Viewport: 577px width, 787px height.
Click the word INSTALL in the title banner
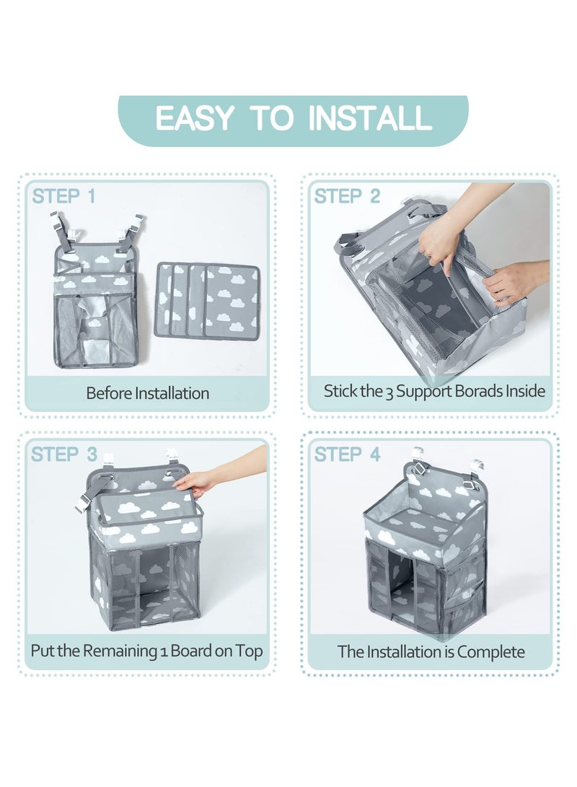[370, 118]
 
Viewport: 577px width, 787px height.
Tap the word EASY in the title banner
[194, 118]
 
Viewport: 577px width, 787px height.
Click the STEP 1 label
[63, 196]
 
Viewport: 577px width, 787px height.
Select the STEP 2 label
[347, 196]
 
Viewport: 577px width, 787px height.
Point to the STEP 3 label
[63, 454]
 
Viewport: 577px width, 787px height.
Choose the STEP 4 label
[347, 454]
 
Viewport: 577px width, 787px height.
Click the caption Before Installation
[148, 393]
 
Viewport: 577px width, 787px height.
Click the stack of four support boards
[207, 301]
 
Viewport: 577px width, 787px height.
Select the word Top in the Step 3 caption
[250, 651]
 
